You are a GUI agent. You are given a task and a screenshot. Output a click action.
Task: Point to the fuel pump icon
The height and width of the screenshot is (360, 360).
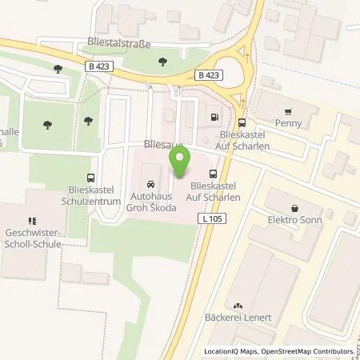[x=214, y=118]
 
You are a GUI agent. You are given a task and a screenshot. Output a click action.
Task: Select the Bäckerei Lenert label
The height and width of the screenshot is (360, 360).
[x=238, y=318]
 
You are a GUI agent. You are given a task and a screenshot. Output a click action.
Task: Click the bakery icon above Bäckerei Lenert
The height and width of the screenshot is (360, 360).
[x=238, y=305]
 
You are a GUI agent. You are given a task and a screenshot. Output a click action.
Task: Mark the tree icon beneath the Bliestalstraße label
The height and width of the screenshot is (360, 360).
[x=162, y=61]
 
